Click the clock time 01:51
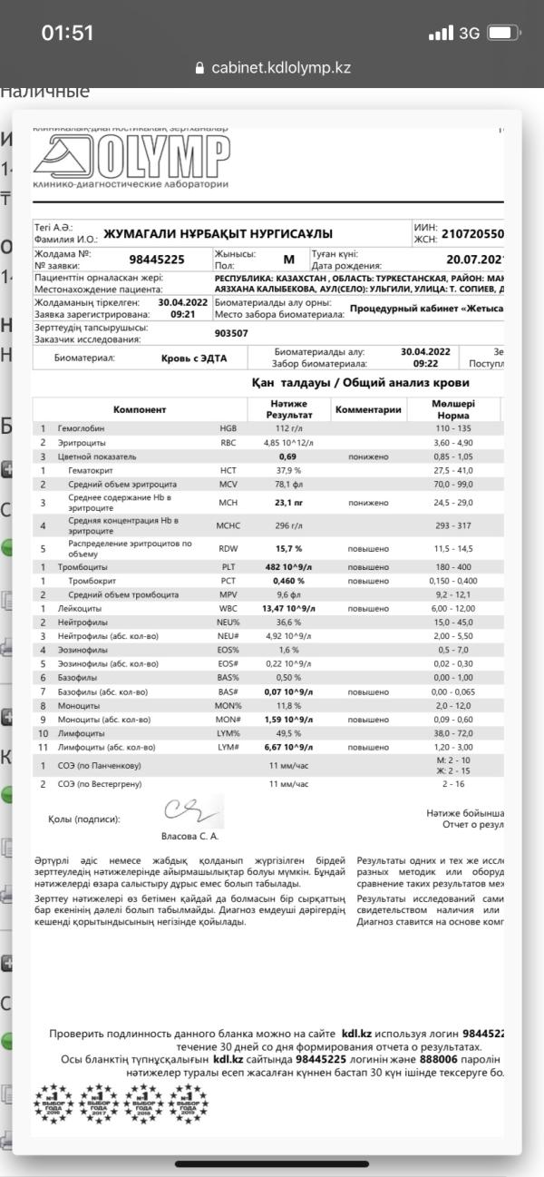point(67,34)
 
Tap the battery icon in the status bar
point(502,34)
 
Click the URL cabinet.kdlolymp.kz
point(280,68)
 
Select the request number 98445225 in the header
point(157,260)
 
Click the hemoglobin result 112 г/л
point(288,427)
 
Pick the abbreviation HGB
point(228,427)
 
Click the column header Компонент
point(140,409)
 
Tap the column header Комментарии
point(368,409)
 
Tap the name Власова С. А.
point(189,836)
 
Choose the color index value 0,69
point(288,456)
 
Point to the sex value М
point(289,260)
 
